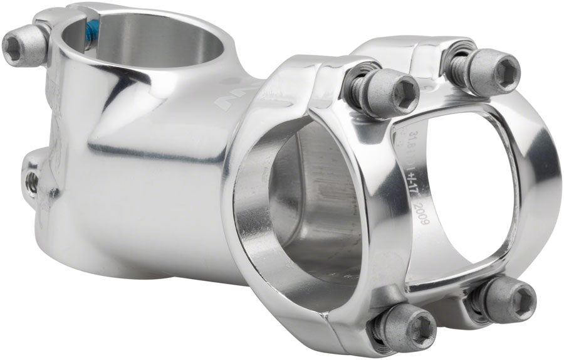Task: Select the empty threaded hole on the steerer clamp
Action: coord(31,182)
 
